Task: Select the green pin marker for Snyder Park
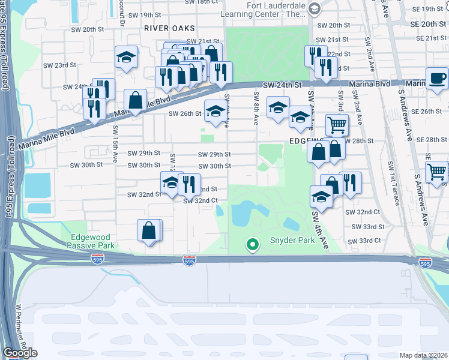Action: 253,244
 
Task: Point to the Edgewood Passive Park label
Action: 90,241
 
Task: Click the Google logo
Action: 20,353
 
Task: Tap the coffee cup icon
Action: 437,79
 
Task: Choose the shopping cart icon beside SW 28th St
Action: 337,125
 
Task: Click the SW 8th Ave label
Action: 256,109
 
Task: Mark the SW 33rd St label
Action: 368,227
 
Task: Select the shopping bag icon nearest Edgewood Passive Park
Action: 149,230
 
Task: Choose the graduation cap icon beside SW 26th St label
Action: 216,110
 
